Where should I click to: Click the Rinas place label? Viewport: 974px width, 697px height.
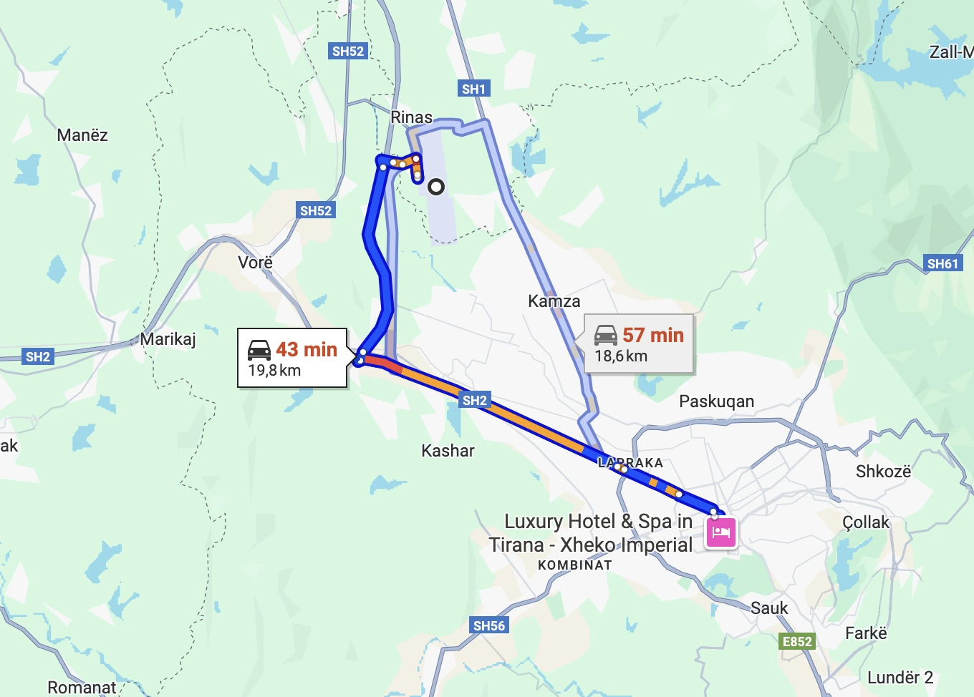pos(411,117)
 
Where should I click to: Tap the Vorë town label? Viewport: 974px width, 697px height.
pos(256,263)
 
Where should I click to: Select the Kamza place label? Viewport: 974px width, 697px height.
pos(554,301)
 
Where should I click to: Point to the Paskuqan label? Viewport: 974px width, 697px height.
pos(716,401)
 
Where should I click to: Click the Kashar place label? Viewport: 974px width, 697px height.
pos(448,451)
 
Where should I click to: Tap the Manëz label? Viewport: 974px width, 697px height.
pos(82,135)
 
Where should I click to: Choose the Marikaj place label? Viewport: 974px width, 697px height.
pos(168,339)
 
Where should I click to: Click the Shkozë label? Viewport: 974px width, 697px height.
pos(883,472)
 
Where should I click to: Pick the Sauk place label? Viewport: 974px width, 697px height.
pos(769,608)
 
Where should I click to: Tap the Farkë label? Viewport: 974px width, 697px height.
pos(866,633)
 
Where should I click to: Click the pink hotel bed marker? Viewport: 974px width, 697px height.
pos(721,532)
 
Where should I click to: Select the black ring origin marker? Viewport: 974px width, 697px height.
pos(436,187)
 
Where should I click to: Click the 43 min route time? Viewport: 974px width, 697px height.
pos(307,349)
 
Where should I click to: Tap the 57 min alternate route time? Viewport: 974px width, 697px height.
pos(652,335)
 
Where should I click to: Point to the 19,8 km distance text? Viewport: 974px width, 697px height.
pos(274,371)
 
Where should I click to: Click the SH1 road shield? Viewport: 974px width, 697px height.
pos(473,89)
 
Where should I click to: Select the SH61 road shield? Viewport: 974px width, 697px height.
pos(942,263)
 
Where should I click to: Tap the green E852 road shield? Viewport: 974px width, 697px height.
pos(797,641)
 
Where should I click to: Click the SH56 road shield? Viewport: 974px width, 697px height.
pos(489,625)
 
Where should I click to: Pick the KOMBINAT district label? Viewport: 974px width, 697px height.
pos(575,565)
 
